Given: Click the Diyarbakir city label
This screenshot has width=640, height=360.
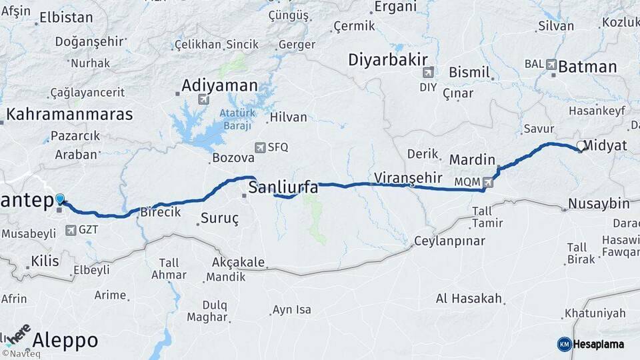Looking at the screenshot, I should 387,59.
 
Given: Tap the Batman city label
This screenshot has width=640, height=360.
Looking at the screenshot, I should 587,67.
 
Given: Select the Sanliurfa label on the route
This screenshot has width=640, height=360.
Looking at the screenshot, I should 283,188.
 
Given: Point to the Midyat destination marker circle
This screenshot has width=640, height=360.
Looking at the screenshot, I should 580,147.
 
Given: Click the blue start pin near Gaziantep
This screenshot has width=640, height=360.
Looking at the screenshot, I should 60,199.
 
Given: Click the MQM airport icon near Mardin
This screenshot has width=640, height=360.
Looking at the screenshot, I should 489,181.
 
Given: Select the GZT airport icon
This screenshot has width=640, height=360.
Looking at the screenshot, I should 71,230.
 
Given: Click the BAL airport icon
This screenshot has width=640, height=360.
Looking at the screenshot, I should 551,65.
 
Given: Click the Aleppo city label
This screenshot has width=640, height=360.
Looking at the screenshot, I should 65,340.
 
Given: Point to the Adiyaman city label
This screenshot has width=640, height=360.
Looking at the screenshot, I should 219,85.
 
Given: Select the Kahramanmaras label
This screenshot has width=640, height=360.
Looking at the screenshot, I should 69,113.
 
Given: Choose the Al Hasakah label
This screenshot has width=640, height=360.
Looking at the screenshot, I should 469,299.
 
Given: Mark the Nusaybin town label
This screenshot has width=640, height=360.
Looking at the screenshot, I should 599,203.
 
